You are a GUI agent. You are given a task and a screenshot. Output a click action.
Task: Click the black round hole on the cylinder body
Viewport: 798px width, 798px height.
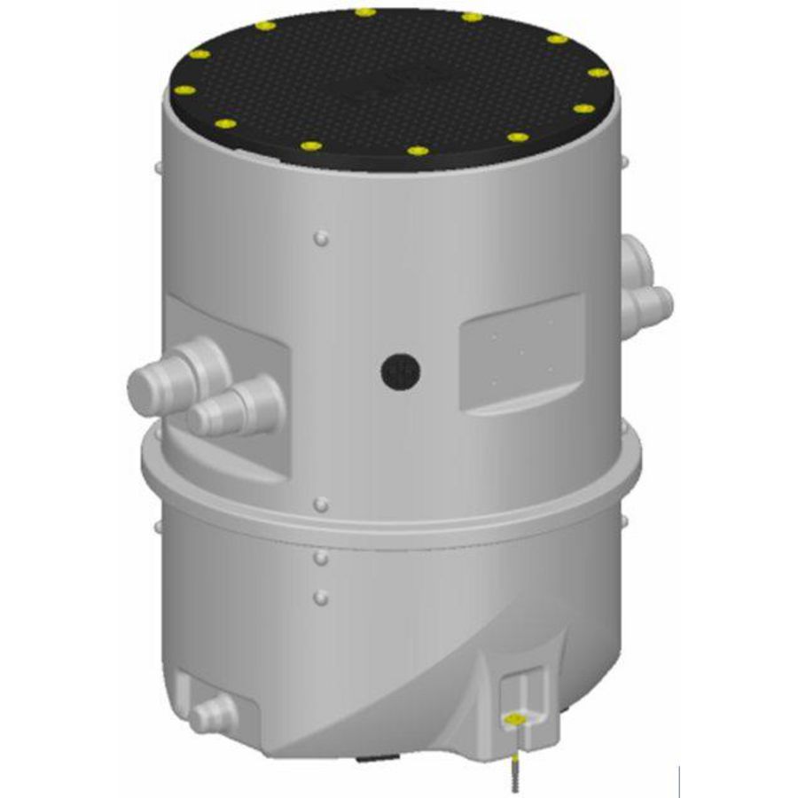(399, 371)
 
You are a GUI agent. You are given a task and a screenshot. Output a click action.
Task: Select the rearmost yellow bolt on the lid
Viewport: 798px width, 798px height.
(364, 12)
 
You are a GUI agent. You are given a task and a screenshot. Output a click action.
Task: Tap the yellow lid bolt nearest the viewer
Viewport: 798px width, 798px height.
(418, 152)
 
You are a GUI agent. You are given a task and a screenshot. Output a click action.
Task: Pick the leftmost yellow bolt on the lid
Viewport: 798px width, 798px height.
(184, 90)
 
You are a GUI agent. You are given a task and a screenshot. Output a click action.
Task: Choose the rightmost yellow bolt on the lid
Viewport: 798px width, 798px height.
(598, 73)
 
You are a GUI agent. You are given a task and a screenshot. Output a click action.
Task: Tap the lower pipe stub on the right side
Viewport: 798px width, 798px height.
(648, 307)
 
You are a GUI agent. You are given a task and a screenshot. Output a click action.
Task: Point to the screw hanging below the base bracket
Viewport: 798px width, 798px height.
(515, 763)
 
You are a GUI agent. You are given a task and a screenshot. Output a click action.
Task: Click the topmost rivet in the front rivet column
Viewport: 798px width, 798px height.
(321, 238)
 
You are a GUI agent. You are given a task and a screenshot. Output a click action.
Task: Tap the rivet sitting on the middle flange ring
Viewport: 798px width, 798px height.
(321, 505)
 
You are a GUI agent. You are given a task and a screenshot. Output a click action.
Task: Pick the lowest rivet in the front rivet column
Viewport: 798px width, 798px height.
(321, 593)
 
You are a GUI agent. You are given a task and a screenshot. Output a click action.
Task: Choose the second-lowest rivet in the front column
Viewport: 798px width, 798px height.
(321, 558)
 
